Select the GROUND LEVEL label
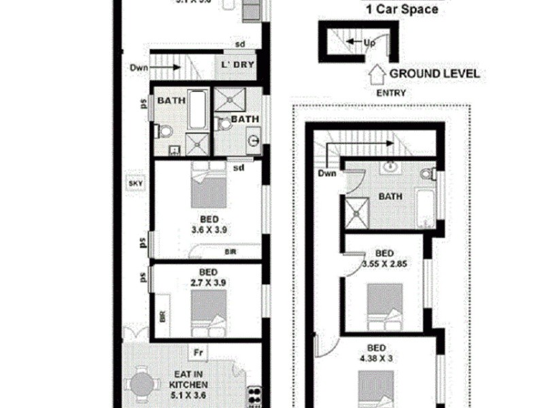(434, 73)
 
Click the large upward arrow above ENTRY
(375, 73)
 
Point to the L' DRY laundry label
(235, 65)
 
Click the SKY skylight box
(134, 182)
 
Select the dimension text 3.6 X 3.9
(209, 229)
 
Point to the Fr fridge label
(198, 353)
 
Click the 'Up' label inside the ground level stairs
(369, 41)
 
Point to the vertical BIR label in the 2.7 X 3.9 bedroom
(162, 316)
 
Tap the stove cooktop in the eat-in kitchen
(255, 395)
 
